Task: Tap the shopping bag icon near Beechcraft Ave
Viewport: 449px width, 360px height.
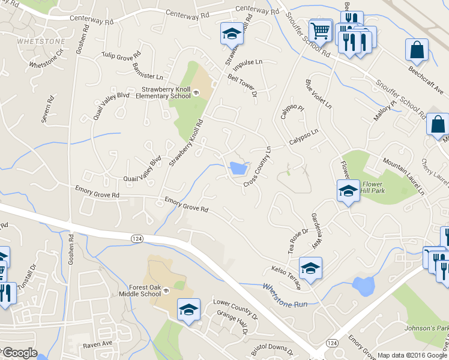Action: pos(417,50)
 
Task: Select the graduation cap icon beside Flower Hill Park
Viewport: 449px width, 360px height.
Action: pos(348,191)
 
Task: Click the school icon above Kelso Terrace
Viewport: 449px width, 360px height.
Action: pos(310,268)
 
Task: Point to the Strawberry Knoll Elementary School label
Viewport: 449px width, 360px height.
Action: pos(166,92)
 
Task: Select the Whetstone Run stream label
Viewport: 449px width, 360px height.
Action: pos(285,295)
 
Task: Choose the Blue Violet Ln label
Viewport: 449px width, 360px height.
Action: pos(318,94)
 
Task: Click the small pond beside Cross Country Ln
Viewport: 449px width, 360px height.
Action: pos(238,168)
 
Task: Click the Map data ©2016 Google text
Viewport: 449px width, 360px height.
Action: pos(412,355)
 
